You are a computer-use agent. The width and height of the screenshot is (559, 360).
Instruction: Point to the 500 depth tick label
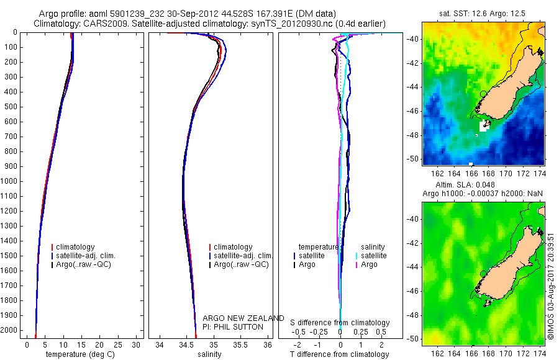click(9, 107)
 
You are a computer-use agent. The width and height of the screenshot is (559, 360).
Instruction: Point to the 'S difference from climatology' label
click(340, 323)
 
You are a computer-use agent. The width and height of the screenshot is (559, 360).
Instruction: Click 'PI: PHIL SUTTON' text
click(233, 326)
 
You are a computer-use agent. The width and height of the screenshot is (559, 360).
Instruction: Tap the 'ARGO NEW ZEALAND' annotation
click(243, 318)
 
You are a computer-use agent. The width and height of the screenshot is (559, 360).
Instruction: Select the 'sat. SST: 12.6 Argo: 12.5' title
click(482, 13)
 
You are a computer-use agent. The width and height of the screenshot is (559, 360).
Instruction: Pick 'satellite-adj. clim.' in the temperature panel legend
click(90, 256)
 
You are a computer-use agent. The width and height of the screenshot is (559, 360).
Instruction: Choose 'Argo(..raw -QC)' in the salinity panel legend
click(241, 264)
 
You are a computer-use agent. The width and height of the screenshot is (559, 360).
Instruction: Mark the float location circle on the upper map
click(483, 93)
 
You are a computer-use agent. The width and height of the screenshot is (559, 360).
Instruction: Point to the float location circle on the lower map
click(483, 273)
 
